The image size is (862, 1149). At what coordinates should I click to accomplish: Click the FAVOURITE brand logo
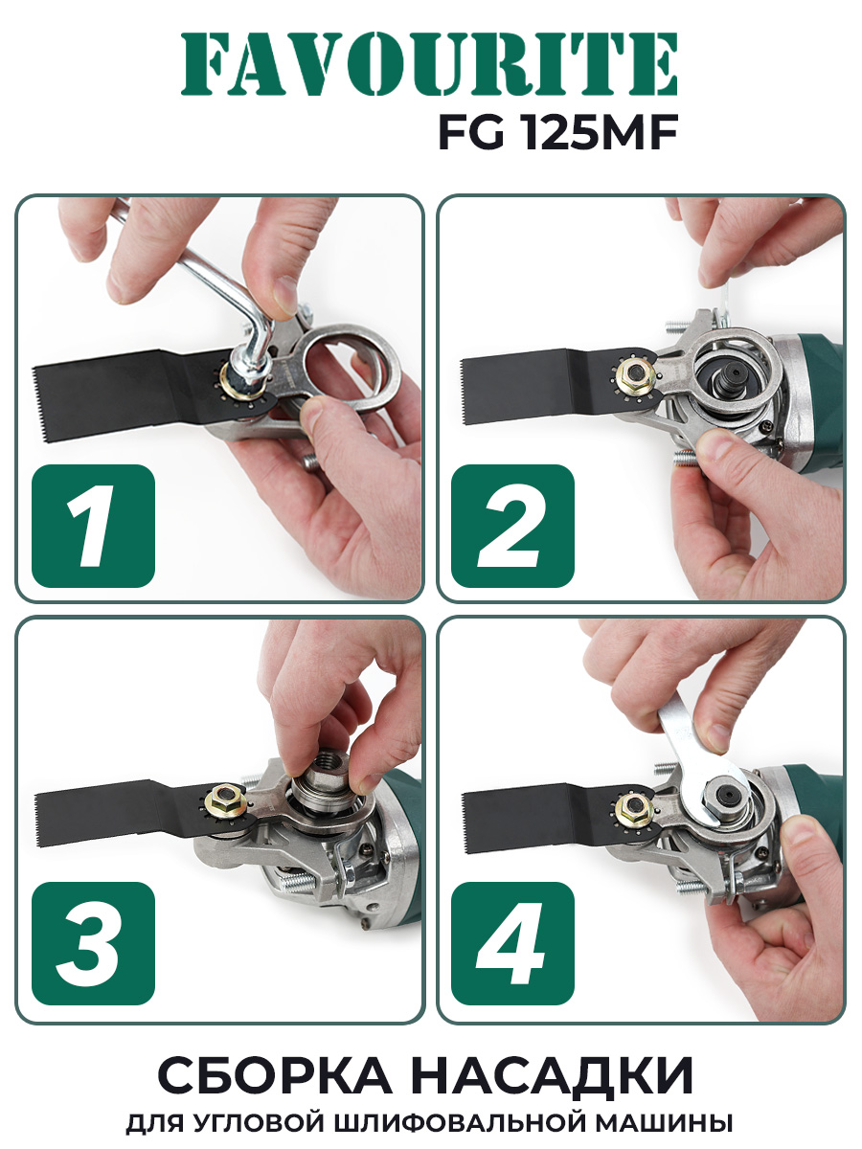click(x=429, y=64)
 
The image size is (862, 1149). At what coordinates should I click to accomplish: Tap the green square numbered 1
click(x=93, y=526)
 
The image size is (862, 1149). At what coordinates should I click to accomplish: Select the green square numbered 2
click(x=512, y=526)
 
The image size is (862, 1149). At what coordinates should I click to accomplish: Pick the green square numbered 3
click(x=93, y=943)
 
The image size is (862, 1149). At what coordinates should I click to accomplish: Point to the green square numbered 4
click(x=512, y=943)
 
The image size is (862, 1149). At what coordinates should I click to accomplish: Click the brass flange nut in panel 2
click(x=635, y=373)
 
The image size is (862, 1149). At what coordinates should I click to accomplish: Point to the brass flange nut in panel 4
click(x=634, y=808)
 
